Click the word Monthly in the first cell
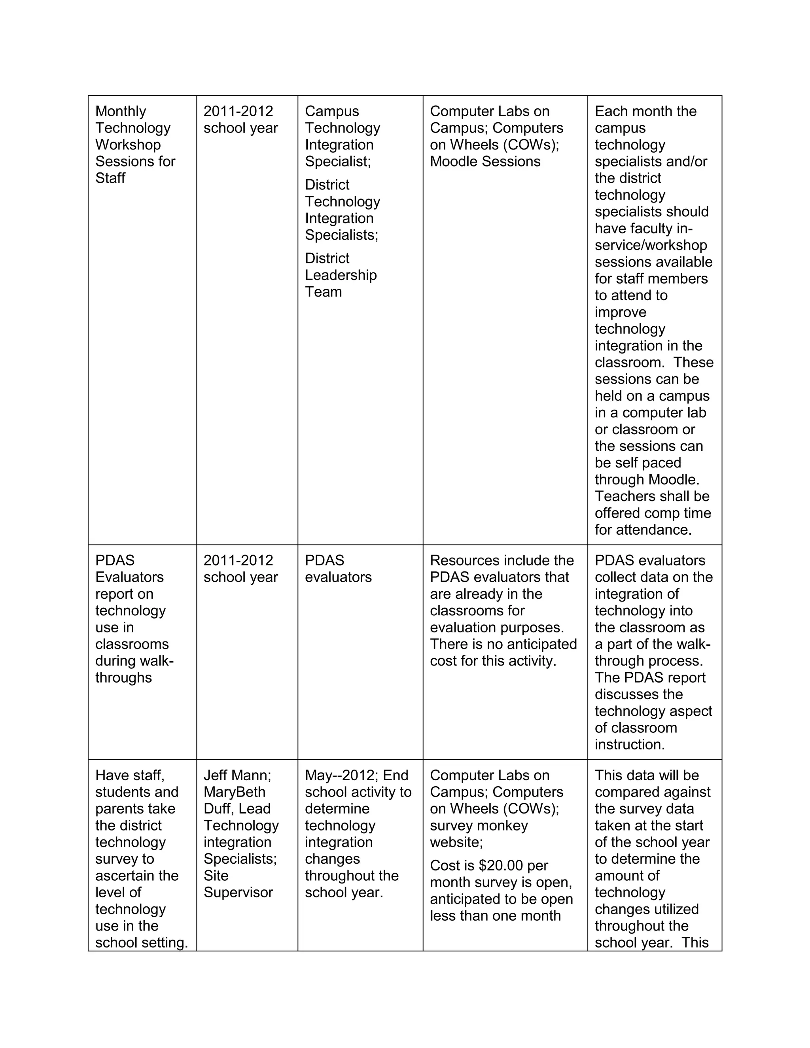[x=121, y=112]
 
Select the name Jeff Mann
[x=237, y=775]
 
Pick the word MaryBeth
[x=234, y=792]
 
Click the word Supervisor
[x=238, y=892]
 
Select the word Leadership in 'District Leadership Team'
[x=341, y=275]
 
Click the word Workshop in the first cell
[x=128, y=144]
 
